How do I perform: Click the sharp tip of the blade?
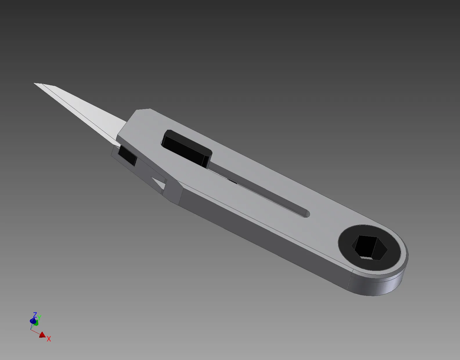click(34, 83)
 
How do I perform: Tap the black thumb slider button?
click(187, 148)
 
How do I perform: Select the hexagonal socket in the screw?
click(369, 248)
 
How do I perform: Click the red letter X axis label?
click(49, 339)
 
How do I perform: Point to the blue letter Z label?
click(35, 314)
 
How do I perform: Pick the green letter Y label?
click(39, 318)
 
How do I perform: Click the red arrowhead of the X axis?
click(43, 335)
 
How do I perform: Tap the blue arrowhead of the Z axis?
click(33, 321)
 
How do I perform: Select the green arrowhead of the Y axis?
click(36, 323)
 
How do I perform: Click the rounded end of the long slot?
click(307, 214)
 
